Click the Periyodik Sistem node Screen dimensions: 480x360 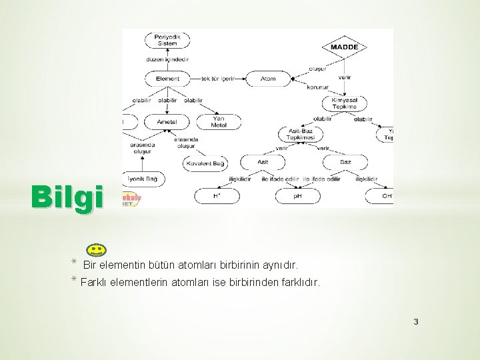pyautogui.click(x=167, y=40)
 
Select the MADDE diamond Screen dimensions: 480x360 pyautogui.click(x=344, y=47)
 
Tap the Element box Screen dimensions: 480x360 pyautogui.click(x=167, y=79)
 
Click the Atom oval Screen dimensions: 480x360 pyautogui.click(x=268, y=79)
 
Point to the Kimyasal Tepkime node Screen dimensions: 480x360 pyautogui.click(x=344, y=103)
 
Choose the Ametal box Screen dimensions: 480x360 pyautogui.click(x=167, y=122)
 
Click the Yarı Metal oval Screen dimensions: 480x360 pyautogui.click(x=219, y=122)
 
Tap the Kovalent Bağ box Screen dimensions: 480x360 pyautogui.click(x=205, y=163)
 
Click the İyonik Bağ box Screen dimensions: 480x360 pyautogui.click(x=143, y=179)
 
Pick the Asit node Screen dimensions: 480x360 pyautogui.click(x=263, y=162)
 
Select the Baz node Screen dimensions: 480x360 pyautogui.click(x=345, y=162)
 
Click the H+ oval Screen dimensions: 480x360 pyautogui.click(x=217, y=196)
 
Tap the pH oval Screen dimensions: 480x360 pyautogui.click(x=297, y=196)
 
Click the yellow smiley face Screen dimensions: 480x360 pyautogui.click(x=96, y=251)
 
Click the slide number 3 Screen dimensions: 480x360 pyautogui.click(x=416, y=323)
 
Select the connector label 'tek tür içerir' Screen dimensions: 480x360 pyautogui.click(x=217, y=79)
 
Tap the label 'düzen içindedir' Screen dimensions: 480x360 pyautogui.click(x=167, y=59)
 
